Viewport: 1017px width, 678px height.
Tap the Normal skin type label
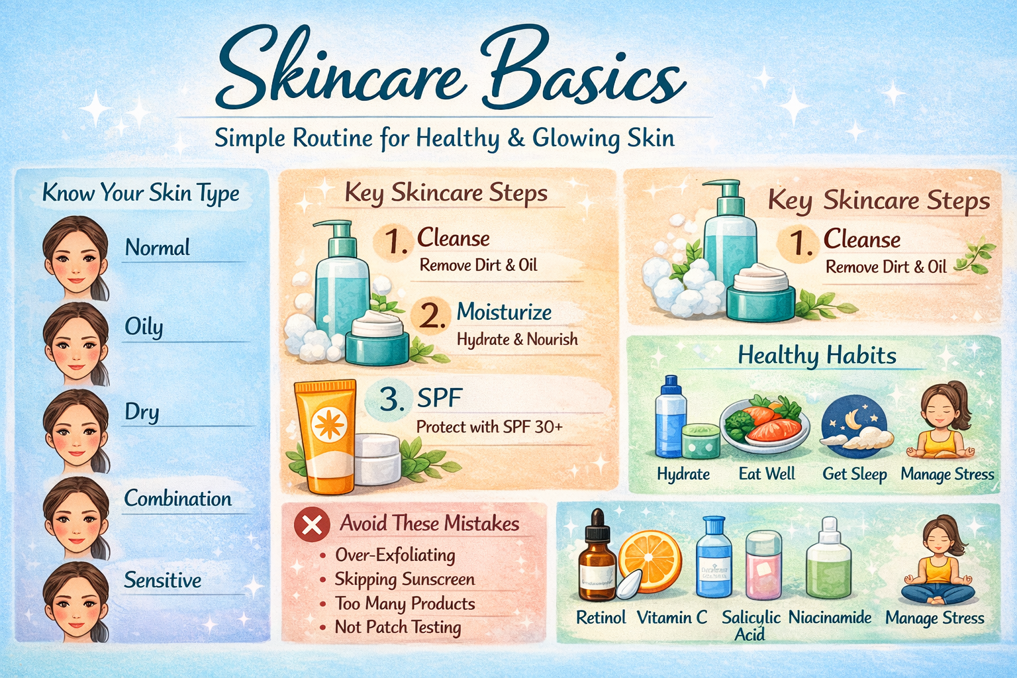(x=158, y=248)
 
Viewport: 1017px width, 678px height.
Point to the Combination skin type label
(x=178, y=499)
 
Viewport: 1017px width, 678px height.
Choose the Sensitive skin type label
(x=163, y=580)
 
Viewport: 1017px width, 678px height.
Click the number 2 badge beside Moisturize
(x=431, y=315)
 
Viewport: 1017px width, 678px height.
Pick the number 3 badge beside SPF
(x=391, y=399)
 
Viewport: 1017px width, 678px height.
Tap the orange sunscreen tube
(x=325, y=437)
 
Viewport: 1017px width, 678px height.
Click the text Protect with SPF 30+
(x=489, y=427)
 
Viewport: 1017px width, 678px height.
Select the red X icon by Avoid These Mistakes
(x=311, y=525)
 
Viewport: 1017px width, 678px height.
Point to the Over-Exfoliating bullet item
(x=395, y=555)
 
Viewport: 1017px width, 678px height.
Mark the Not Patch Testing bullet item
(x=398, y=627)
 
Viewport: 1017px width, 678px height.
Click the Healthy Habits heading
(x=817, y=356)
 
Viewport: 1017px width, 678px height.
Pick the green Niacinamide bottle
(x=828, y=559)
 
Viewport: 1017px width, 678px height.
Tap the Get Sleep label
(x=855, y=474)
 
